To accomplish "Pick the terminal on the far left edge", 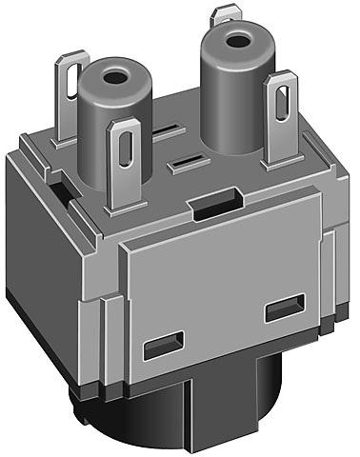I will [x=70, y=95].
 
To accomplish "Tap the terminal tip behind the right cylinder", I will [x=227, y=12].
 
